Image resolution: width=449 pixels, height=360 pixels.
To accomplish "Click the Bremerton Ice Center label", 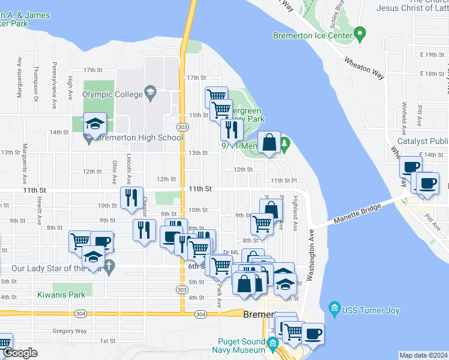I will [x=312, y=35].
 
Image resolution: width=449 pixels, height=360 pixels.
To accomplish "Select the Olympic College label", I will [x=113, y=94].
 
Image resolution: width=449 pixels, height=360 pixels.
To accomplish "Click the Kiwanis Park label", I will [x=61, y=295].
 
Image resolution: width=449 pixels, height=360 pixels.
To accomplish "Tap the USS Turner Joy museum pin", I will [x=335, y=310].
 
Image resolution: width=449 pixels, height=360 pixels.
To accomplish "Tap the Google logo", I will [x=20, y=353].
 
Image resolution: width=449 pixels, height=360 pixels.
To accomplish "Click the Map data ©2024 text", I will [x=423, y=355].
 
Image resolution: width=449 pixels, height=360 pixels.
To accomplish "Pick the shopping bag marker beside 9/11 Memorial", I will [x=270, y=143].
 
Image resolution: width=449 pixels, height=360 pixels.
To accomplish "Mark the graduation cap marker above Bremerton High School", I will [x=95, y=124].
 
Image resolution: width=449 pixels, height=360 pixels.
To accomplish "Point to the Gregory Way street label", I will [x=69, y=331].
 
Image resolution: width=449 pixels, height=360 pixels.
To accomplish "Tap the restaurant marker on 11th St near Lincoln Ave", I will [x=131, y=197].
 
